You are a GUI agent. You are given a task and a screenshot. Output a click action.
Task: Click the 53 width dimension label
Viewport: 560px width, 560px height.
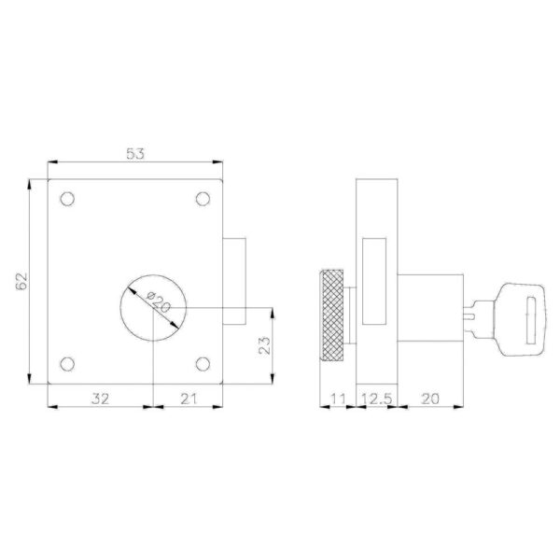pos(135,154)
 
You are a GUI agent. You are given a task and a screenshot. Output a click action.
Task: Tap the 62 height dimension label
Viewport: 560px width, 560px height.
pos(21,282)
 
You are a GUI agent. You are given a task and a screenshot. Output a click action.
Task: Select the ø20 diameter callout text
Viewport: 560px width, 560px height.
pos(159,301)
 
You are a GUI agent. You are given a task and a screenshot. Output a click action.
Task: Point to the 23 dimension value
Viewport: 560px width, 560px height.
pos(265,345)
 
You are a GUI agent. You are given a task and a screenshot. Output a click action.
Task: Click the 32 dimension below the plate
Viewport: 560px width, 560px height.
pos(100,399)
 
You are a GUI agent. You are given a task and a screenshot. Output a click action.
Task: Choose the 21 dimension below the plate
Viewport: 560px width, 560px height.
pos(189,399)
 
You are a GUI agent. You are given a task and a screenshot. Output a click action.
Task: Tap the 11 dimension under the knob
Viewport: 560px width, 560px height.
pos(338,399)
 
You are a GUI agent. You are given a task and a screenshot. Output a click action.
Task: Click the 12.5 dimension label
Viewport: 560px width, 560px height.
pos(377,399)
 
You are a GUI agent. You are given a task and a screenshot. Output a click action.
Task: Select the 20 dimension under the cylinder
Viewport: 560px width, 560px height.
pos(430,399)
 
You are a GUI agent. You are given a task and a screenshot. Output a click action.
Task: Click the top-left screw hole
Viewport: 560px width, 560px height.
pos(67,199)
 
